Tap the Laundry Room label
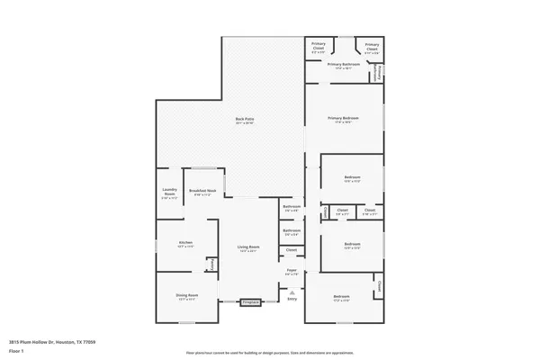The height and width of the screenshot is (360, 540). tap(169, 191)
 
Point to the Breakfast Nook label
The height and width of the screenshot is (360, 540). tap(202, 191)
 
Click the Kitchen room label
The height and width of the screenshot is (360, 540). tap(185, 243)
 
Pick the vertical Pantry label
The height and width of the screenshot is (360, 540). tap(212, 263)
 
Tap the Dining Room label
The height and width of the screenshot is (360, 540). tap(186, 296)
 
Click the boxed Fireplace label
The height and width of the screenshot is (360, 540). tap(251, 303)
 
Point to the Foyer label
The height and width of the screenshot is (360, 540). tap(292, 270)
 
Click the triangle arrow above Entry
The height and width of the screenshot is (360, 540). tap(292, 292)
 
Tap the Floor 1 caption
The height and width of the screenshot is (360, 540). tap(17, 352)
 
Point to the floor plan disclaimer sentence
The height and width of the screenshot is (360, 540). tap(269, 352)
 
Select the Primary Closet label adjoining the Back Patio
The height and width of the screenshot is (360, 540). tap(319, 45)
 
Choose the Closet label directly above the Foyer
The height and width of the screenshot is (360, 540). tap(292, 249)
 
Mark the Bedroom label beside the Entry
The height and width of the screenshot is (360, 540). tap(342, 297)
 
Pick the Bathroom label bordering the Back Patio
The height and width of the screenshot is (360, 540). tap(292, 208)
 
